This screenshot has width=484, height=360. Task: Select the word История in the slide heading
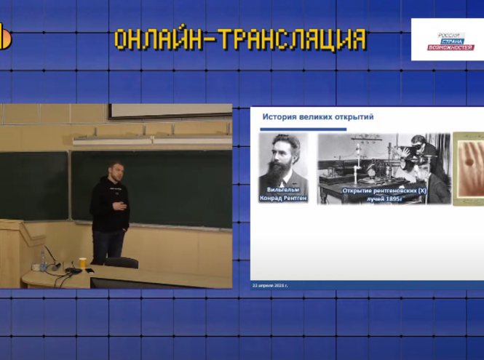coord(280,116)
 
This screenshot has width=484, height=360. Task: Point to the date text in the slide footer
coord(270,285)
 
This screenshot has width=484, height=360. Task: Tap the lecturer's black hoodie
coord(109,207)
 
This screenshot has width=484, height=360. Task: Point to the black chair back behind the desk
coord(120,263)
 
